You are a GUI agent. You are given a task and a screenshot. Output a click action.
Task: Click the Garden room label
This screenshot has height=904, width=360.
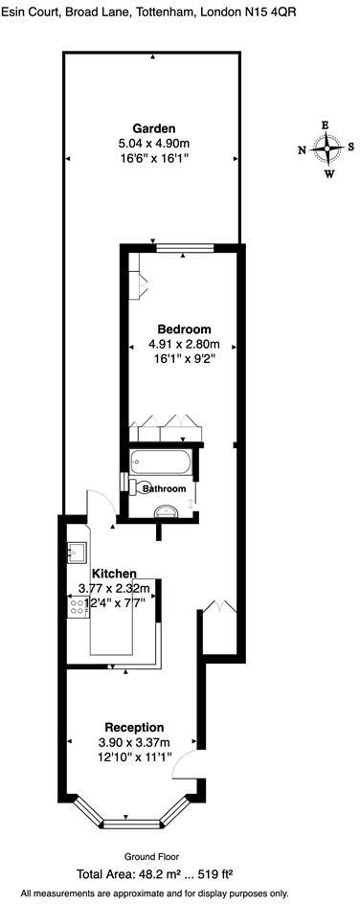coord(154,129)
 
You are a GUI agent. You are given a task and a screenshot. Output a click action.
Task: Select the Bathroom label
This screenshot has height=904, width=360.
coord(163,488)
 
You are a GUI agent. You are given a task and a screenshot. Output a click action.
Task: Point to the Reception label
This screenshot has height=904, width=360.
coord(134,727)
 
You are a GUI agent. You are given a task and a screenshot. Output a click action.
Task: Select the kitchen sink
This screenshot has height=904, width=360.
coord(76,552)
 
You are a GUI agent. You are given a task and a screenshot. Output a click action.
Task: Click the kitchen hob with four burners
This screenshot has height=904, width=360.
coord(76,606)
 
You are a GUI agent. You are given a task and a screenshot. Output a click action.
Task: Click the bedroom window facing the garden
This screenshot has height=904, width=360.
coord(182,249)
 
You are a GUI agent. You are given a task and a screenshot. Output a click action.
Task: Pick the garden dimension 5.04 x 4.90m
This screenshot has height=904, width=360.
coord(154,145)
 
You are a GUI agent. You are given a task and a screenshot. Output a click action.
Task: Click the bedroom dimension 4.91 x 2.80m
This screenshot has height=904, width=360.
coord(184,345)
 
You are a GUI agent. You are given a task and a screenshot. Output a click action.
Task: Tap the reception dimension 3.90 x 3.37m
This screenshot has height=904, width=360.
coord(134,742)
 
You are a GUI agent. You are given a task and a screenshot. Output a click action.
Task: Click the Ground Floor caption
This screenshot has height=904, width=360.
coord(152,856)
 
